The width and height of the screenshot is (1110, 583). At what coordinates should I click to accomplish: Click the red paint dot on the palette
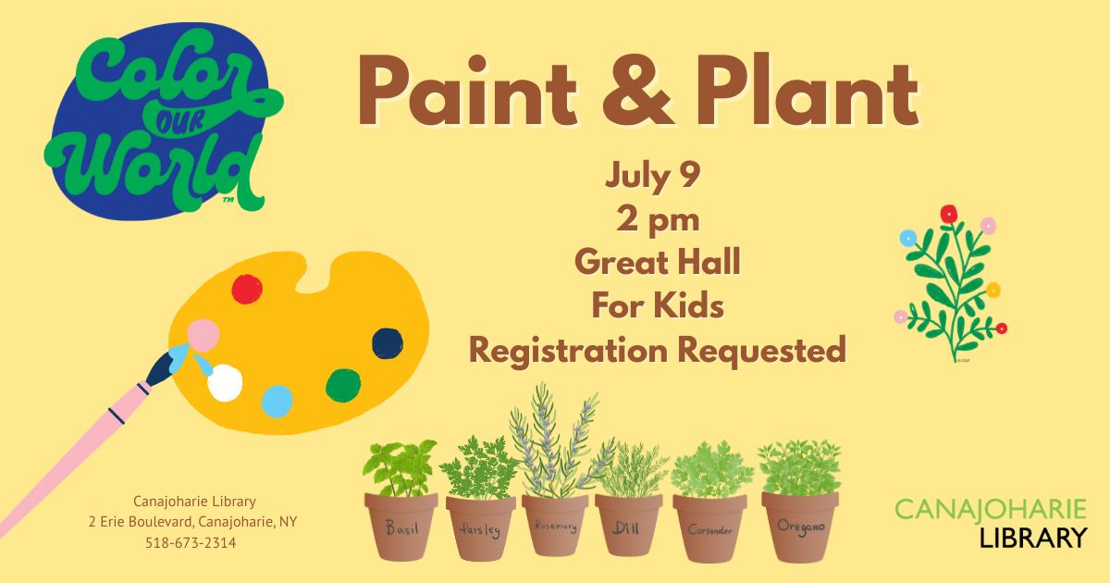tap(247, 289)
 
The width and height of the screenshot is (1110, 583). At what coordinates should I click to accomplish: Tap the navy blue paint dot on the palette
tap(388, 343)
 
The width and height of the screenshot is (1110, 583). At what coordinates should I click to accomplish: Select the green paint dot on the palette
tap(343, 385)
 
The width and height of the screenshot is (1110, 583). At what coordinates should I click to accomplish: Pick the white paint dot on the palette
tap(225, 383)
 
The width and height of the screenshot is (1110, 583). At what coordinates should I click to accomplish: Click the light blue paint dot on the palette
tap(277, 401)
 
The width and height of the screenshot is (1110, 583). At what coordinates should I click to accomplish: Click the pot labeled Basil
tap(401, 527)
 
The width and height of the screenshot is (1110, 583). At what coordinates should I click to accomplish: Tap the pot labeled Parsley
tap(480, 528)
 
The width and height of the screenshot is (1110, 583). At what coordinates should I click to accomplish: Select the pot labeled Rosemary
tap(555, 526)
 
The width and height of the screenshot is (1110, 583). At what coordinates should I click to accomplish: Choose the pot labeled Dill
tap(628, 526)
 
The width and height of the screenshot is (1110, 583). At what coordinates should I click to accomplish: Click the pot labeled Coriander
tap(709, 528)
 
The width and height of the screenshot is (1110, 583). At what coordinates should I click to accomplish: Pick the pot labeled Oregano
tap(800, 527)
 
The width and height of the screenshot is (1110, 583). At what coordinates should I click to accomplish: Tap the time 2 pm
tap(658, 219)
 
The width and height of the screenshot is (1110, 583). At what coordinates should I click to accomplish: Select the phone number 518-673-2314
tap(191, 543)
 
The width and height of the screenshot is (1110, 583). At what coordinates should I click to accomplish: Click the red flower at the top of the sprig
tap(948, 214)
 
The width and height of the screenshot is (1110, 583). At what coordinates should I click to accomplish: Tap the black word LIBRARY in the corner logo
tap(1033, 538)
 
